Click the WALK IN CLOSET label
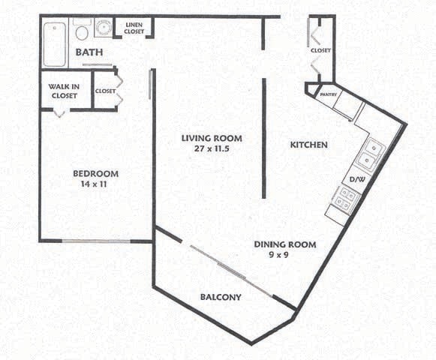click(x=64, y=91)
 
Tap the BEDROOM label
click(x=95, y=174)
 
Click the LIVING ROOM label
click(x=211, y=138)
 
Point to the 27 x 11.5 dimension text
click(x=211, y=148)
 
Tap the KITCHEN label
click(x=308, y=144)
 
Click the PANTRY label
click(x=328, y=95)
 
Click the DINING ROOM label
click(x=284, y=244)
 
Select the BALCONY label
click(x=221, y=297)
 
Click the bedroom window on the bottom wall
click(x=95, y=241)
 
